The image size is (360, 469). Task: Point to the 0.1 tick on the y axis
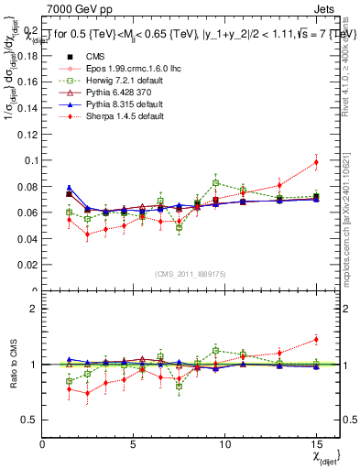tap(28, 160)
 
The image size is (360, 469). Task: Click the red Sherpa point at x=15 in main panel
tap(316, 162)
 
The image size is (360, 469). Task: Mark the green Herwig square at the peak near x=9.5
tap(215, 183)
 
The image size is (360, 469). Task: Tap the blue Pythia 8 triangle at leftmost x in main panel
tap(69, 188)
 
